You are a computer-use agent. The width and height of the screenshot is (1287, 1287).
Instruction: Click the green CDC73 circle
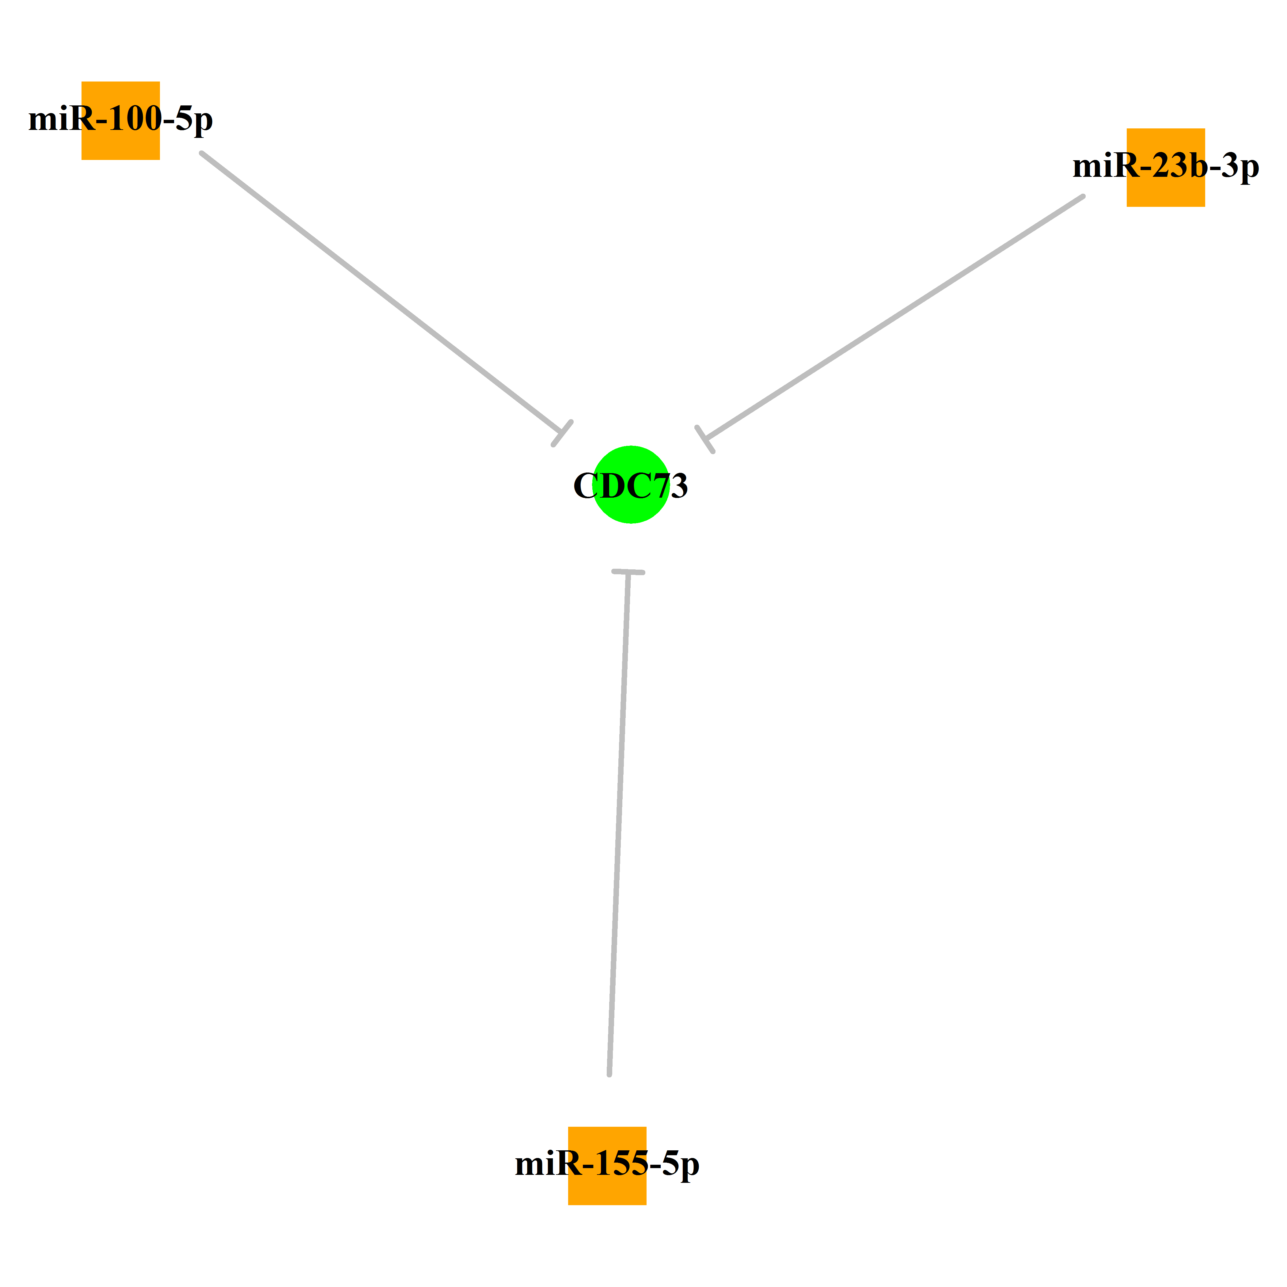tap(631, 484)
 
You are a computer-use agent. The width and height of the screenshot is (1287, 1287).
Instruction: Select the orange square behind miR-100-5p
tap(120, 120)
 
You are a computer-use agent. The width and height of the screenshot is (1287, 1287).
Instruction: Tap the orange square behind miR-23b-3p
tap(1166, 167)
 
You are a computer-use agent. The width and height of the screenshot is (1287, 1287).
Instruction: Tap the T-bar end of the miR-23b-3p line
tap(705, 440)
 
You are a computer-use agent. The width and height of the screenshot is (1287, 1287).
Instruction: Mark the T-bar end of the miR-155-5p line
tap(628, 571)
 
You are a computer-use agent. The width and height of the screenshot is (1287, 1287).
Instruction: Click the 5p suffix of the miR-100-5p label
tap(195, 121)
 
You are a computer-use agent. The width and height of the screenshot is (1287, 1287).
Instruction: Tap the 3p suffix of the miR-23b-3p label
tap(1240, 168)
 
